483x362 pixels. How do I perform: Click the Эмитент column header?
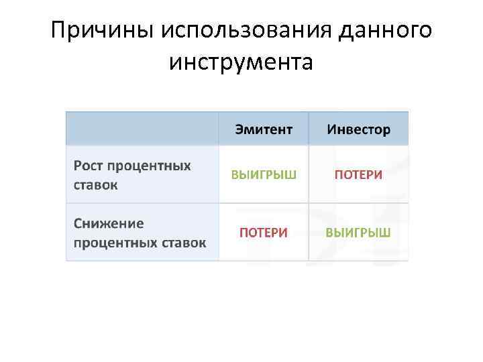click(x=264, y=129)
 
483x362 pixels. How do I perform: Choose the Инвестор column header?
click(x=358, y=129)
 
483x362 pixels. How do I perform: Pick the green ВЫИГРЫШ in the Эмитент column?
click(x=264, y=175)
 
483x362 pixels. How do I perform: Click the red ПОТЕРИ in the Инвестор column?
click(x=358, y=175)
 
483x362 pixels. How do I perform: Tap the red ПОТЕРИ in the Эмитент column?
click(x=264, y=233)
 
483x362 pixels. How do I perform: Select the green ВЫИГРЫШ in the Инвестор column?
click(x=358, y=233)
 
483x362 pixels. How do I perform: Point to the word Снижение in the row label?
click(x=109, y=223)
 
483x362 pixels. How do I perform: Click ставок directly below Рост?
click(x=96, y=184)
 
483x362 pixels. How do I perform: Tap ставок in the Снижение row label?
click(x=184, y=242)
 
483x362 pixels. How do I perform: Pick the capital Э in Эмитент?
click(x=239, y=129)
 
